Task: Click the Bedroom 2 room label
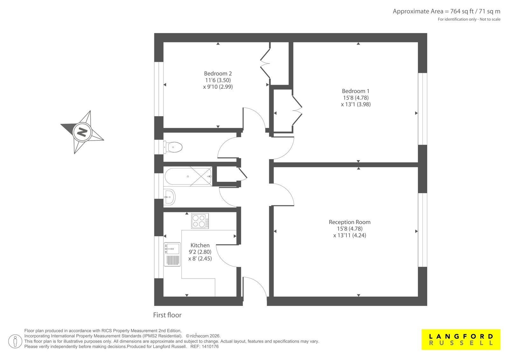coord(218,74)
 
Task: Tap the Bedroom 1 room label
coord(356,91)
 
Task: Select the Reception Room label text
coord(350,222)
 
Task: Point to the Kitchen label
coord(200,245)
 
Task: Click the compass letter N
coord(82,132)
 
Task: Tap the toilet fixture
coord(173,147)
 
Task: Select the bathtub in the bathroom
coord(188,176)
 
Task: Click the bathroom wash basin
coord(169,197)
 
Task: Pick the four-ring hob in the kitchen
coord(200,221)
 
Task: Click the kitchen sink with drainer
coord(172,254)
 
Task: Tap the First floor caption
coord(167,315)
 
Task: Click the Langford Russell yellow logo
coord(461,339)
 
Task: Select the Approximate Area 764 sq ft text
coord(447,11)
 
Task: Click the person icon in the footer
coord(15,341)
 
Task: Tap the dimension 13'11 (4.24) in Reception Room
coord(350,235)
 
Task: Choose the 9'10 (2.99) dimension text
coord(218,87)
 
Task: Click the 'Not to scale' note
coord(490,19)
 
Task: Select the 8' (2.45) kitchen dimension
coord(200,258)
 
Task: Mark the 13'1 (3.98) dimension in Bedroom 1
coord(356,104)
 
